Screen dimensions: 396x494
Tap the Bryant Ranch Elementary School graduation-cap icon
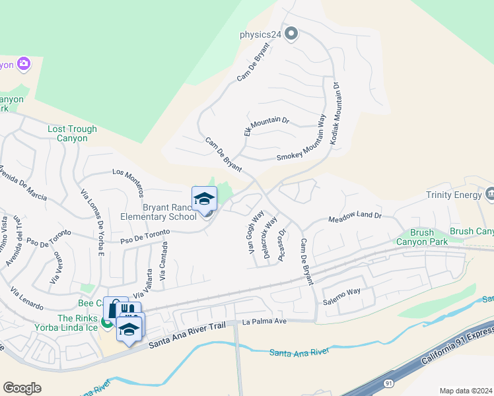coord(204,199)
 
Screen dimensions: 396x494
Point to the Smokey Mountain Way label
coord(301,142)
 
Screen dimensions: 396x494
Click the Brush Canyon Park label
coord(422,237)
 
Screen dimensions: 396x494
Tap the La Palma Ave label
coord(264,321)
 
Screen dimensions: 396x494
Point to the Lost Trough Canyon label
coord(72,134)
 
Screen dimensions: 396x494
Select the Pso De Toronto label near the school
coord(145,236)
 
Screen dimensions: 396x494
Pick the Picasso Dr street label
coord(282,245)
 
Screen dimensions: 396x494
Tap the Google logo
coord(22,388)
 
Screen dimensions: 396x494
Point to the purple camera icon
coord(24,64)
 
